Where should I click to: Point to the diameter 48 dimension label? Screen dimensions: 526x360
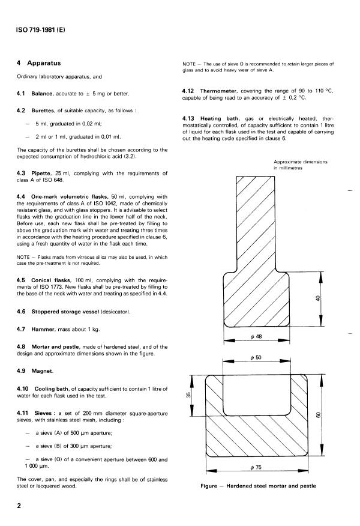coord(255,336)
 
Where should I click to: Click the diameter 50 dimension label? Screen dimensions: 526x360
coord(255,358)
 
